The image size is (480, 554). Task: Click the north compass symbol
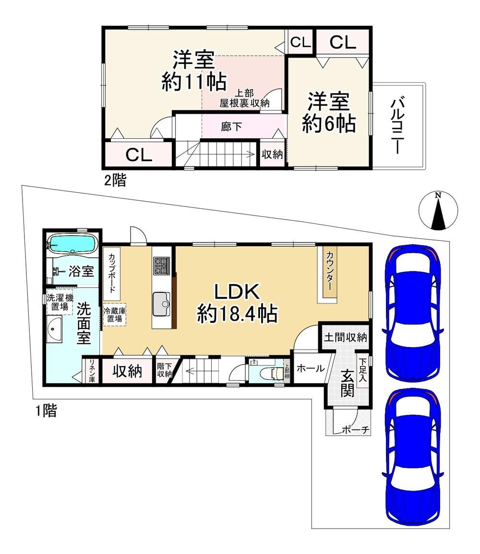(x=438, y=211)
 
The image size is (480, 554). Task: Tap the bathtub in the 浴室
(x=72, y=244)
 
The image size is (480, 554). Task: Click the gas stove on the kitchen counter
(x=161, y=265)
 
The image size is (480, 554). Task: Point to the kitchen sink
(x=161, y=304)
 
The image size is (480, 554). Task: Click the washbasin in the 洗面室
(x=54, y=329)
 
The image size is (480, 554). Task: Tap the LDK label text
(x=237, y=292)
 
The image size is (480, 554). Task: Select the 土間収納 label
(x=346, y=337)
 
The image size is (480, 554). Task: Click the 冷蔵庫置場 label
(x=115, y=314)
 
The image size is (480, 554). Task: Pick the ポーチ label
(x=355, y=430)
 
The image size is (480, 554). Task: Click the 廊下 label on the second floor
(x=231, y=126)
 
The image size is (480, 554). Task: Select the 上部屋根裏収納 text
(x=244, y=98)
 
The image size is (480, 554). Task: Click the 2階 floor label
(x=115, y=181)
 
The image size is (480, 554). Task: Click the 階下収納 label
(x=165, y=370)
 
